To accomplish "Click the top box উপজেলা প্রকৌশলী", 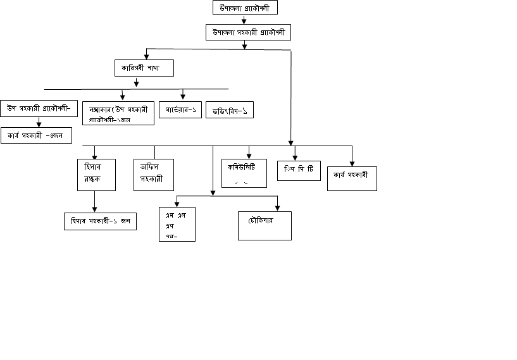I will (x=245, y=8).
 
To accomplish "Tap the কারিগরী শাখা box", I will (x=144, y=68).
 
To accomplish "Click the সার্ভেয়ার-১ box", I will (x=180, y=109).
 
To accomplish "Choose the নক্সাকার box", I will (x=118, y=112).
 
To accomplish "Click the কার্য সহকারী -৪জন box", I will (x=36, y=135).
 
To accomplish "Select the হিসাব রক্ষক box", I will (x=96, y=175).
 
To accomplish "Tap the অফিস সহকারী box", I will (x=153, y=175).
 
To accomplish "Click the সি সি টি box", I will (x=299, y=171).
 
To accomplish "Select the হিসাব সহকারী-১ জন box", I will (x=100, y=221).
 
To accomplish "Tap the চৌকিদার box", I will (x=265, y=225).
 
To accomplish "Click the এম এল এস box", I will (x=177, y=225).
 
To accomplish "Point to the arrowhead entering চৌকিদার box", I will (x=278, y=208).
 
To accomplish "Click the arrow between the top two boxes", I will (x=244, y=20).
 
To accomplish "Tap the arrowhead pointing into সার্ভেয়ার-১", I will (x=183, y=97).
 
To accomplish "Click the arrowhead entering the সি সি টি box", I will (x=294, y=158).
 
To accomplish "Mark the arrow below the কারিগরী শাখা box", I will (x=137, y=82).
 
